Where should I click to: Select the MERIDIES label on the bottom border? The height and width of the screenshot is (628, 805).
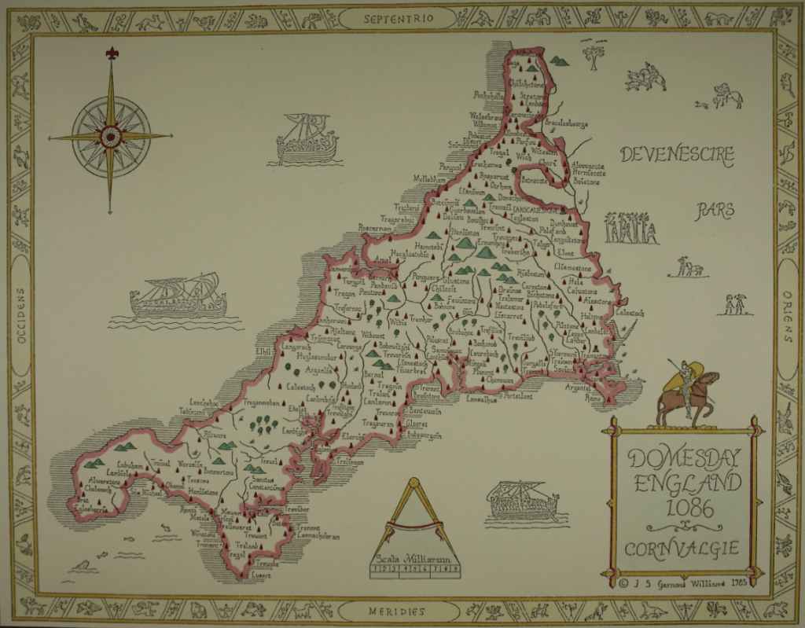point(397,611)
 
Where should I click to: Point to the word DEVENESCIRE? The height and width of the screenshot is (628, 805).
point(677,154)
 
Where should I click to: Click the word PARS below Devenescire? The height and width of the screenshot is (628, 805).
point(714,210)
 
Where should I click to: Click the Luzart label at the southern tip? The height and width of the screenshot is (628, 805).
point(261,575)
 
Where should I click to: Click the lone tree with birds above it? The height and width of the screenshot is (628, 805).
point(594,55)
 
